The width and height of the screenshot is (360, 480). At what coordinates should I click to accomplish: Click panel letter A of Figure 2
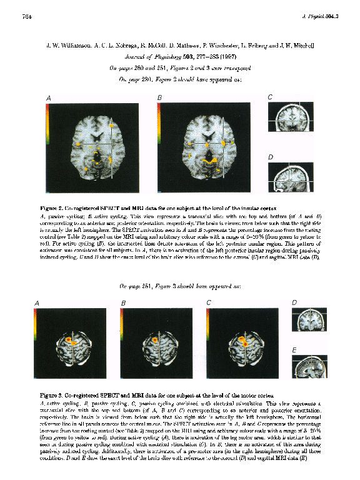[x=49, y=98]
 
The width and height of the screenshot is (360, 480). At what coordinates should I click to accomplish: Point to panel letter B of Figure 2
[x=159, y=98]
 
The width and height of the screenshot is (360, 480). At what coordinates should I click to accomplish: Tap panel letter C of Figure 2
[x=269, y=97]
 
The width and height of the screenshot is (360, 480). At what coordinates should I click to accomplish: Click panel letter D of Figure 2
[x=269, y=156]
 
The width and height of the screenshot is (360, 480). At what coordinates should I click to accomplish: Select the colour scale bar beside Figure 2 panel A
[x=49, y=132]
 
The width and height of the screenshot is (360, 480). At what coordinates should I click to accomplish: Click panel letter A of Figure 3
[x=37, y=303]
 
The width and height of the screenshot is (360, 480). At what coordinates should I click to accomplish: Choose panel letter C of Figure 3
[x=209, y=303]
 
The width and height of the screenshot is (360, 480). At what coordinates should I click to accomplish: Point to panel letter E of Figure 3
[x=294, y=352]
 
